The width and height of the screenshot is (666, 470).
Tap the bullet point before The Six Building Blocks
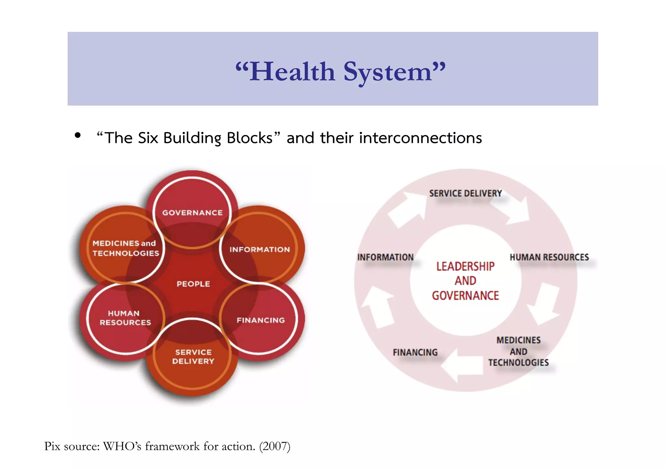pos(77,135)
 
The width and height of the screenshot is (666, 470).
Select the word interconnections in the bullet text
pos(420,138)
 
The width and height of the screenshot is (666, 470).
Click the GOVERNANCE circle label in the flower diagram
pos(193,213)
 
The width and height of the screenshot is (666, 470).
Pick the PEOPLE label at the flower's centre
pos(193,284)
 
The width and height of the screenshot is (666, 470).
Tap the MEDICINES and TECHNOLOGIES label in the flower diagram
pos(126,248)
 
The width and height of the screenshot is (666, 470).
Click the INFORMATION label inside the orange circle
pos(260,249)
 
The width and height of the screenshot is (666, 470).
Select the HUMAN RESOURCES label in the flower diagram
pos(125,318)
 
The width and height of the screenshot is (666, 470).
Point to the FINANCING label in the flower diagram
pos(260,320)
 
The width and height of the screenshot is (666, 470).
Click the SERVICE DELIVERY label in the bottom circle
pos(193,357)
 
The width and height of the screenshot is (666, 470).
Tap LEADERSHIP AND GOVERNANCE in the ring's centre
pos(465,281)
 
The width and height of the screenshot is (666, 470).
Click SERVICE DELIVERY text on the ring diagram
pos(465,194)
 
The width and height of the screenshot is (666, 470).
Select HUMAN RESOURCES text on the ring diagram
pos(549,257)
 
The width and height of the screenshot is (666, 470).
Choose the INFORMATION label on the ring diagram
pos(385,257)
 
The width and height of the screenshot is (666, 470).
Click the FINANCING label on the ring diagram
pos(415,352)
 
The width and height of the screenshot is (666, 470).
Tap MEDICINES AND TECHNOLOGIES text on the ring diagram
pos(518,351)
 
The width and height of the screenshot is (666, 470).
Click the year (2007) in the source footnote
pos(274,446)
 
